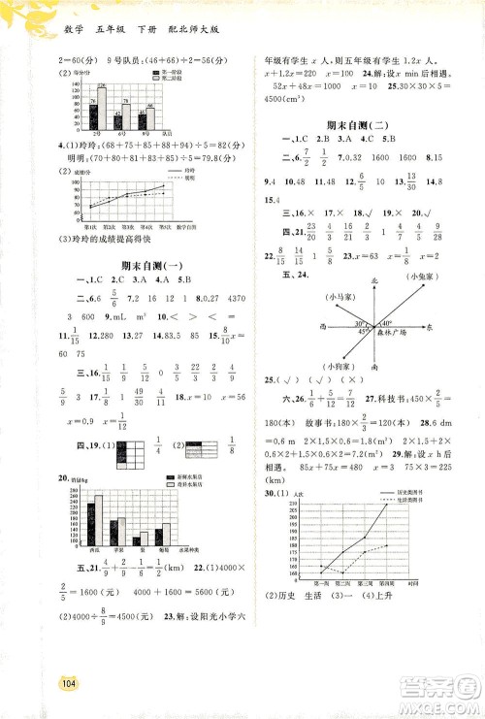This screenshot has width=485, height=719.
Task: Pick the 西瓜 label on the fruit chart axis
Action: click(94, 548)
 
